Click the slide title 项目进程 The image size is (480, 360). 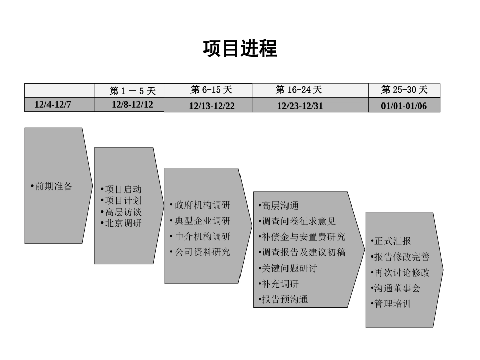click(240, 49)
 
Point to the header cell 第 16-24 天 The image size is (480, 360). click(299, 90)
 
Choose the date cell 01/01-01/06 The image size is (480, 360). click(404, 106)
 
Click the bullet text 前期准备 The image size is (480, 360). click(54, 186)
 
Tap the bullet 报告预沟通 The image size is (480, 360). click(284, 299)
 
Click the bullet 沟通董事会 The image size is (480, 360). click(397, 289)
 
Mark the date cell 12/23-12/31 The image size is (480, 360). click(300, 106)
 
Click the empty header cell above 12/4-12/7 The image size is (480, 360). click(60, 90)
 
